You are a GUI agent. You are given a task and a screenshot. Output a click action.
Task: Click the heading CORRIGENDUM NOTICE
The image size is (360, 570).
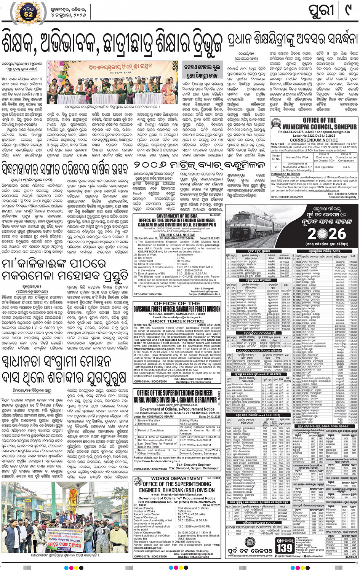pos(314,140)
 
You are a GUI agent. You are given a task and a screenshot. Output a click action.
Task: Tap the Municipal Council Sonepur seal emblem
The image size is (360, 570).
pos(278,125)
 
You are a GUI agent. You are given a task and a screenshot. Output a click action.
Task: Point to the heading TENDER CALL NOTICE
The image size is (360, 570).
pos(177,235)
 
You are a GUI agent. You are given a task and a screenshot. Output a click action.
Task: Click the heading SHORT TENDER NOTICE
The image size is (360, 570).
pos(177,321)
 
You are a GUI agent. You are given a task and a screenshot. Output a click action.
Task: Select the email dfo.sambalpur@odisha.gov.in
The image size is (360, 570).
pos(177,317)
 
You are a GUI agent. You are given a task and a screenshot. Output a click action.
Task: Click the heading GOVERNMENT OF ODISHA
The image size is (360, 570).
pos(177,216)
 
